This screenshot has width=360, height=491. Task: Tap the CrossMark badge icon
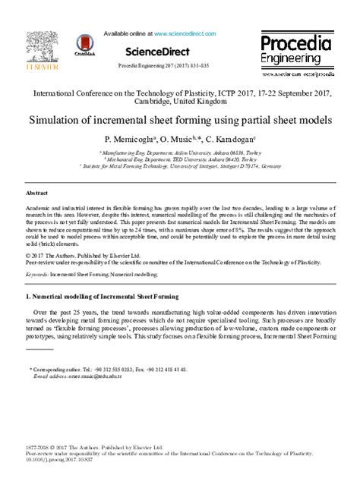click(x=85, y=48)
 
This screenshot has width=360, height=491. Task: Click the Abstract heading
click(x=38, y=194)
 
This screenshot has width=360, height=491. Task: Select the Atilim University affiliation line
click(x=180, y=153)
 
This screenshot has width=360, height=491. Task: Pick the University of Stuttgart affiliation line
click(x=180, y=167)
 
